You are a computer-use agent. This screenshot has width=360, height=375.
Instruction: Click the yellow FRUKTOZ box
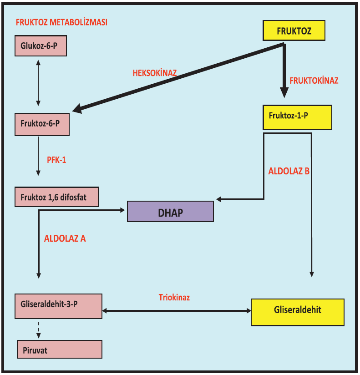[x=294, y=31]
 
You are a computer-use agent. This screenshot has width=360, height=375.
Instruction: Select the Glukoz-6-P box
[x=41, y=46]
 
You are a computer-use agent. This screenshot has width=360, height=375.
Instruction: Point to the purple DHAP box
[x=170, y=212]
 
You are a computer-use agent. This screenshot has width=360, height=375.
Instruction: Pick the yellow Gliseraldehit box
[x=298, y=312]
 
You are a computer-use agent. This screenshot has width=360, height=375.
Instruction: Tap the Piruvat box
[x=60, y=349]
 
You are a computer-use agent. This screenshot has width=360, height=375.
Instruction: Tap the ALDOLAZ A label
[x=65, y=238]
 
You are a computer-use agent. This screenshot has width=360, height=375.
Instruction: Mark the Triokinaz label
[x=174, y=298]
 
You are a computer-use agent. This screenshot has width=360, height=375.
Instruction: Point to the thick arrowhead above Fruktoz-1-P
[x=284, y=92]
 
